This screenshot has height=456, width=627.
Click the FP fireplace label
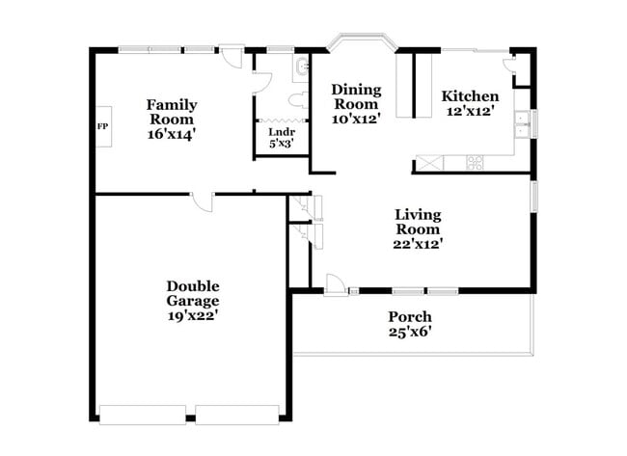pos(102,126)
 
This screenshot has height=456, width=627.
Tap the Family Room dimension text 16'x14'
pos(172,135)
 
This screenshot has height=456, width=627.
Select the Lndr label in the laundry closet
pos(282,131)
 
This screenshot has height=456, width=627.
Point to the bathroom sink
pos(301,67)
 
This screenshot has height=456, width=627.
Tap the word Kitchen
pos(470,96)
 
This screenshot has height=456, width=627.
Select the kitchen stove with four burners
pos(475,162)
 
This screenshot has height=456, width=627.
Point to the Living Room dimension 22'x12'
pos(418,244)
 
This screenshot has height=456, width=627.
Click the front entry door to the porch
pos(334,285)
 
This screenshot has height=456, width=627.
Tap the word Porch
pos(410,316)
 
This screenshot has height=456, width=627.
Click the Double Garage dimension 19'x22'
pos(192,315)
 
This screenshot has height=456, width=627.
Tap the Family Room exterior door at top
pos(231,55)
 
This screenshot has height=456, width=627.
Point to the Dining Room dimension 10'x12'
pos(356,120)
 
